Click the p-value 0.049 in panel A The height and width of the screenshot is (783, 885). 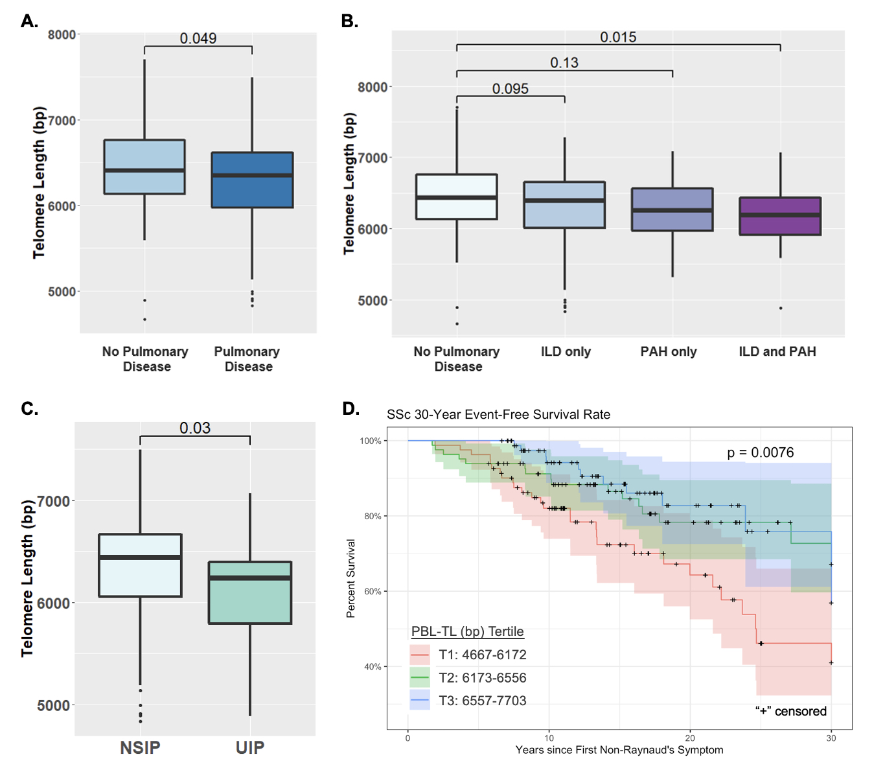(x=198, y=38)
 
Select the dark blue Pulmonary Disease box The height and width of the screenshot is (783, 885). (x=252, y=180)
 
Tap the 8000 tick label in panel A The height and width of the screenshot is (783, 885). (x=62, y=34)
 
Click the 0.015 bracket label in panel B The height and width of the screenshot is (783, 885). (x=618, y=37)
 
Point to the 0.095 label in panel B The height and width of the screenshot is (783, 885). (x=510, y=89)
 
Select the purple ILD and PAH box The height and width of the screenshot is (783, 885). (x=780, y=216)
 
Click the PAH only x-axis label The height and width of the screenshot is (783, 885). (x=669, y=351)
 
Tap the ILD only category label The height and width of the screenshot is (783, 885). (x=566, y=351)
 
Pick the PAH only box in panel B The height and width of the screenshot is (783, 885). (x=672, y=209)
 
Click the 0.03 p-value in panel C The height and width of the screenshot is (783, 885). (x=195, y=428)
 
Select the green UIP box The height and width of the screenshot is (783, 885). (x=250, y=592)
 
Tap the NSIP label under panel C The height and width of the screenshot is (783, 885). (x=140, y=747)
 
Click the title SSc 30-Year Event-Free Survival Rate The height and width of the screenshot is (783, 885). (x=498, y=414)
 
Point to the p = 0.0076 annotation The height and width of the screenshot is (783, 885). (x=760, y=452)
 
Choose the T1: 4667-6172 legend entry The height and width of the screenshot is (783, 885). (x=482, y=655)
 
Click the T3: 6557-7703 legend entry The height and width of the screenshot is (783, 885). (x=482, y=701)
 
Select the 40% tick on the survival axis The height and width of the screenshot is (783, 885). (x=373, y=666)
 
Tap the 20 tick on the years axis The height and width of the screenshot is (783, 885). (x=690, y=738)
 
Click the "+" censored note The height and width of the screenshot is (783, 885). (x=790, y=711)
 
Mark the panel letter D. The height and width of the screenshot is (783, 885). (x=350, y=408)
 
